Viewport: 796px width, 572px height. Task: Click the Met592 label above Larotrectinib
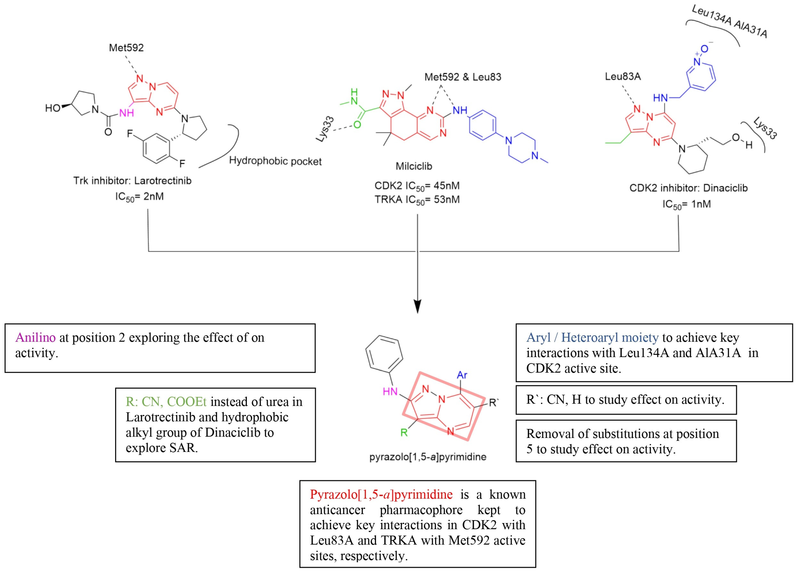(x=126, y=48)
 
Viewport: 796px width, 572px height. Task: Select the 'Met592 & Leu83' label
(x=463, y=77)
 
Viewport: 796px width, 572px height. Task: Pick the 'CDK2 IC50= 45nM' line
(x=417, y=186)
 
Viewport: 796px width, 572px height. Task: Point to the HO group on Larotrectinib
(x=53, y=108)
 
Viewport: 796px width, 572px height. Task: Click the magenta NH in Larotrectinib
(x=126, y=113)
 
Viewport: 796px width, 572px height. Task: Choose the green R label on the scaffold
(x=404, y=433)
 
